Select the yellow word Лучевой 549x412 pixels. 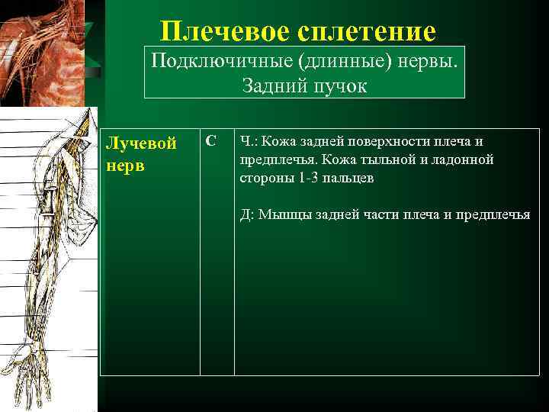click(x=141, y=143)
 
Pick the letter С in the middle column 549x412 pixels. click(x=211, y=141)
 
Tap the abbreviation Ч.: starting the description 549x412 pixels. click(x=248, y=142)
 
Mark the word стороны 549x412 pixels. click(x=263, y=178)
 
